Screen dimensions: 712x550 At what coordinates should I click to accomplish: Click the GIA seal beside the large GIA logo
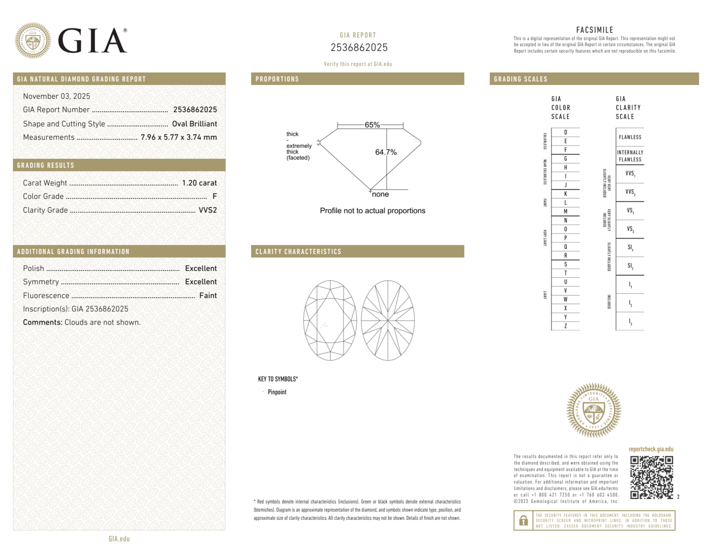coord(33,41)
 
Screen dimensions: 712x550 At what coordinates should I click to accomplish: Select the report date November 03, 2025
coord(57,96)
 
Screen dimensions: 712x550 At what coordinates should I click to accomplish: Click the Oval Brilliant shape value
coord(194,124)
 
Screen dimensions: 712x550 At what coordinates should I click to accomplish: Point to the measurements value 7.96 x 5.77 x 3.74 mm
coord(179,137)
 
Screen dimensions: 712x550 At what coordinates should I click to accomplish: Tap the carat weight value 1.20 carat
coord(199,183)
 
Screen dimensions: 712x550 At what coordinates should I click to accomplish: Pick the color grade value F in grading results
coord(215,196)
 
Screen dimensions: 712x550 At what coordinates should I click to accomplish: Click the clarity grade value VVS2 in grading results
coord(208,210)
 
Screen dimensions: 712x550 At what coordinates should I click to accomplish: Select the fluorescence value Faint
coord(208,296)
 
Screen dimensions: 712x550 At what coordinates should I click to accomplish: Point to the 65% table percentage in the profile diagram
coord(372,125)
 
